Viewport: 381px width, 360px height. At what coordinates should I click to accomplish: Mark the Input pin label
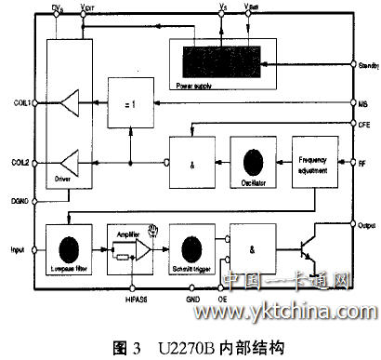[17, 250]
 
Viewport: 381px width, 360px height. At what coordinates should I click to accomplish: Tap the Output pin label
[364, 223]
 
